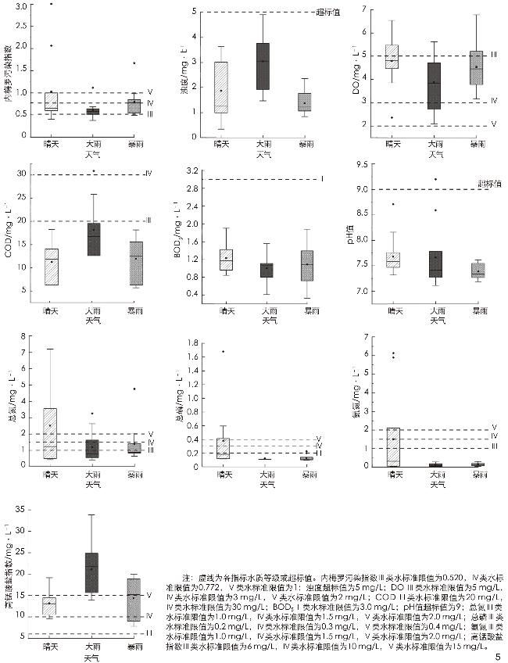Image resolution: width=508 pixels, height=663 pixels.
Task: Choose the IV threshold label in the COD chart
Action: [x=146, y=174]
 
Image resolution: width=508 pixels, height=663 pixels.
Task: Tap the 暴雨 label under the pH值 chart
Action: [x=479, y=311]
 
